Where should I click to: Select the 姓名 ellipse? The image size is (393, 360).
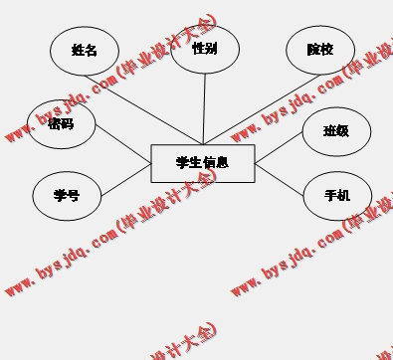(x=85, y=51)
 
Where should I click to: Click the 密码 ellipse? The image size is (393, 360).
(x=62, y=124)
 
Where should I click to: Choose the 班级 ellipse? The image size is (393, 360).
(x=336, y=130)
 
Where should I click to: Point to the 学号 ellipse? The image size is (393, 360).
(x=67, y=195)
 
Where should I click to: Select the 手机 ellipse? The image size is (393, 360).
(x=337, y=195)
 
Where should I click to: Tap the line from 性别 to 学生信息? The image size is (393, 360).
(x=204, y=109)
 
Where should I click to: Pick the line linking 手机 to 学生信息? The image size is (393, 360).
(x=281, y=179)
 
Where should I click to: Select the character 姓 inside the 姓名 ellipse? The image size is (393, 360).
(x=78, y=51)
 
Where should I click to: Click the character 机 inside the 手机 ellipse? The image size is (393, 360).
(x=344, y=195)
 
